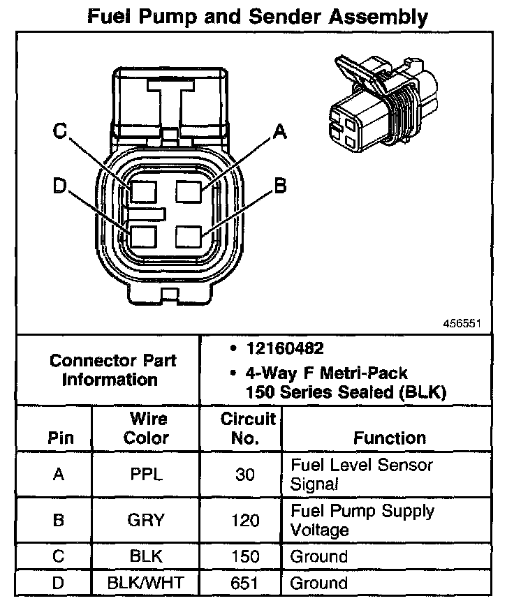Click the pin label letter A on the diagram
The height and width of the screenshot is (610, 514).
pos(279,132)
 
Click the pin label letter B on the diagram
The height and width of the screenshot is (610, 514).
pos(280,186)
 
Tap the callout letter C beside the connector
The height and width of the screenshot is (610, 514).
pos(61,132)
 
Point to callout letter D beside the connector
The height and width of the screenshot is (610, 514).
pos(60,186)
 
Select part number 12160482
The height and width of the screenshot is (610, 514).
pos(277,348)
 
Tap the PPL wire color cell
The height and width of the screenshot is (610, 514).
pos(146,475)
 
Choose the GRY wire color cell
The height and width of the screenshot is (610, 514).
pos(146,521)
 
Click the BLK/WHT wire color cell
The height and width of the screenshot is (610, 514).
pos(146,583)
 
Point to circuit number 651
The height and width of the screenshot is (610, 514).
pos(244,583)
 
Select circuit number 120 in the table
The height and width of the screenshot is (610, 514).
pos(244,521)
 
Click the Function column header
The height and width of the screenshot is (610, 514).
pos(389,438)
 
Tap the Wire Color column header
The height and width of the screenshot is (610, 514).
pos(147,429)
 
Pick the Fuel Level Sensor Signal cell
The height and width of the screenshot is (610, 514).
pos(362,474)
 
